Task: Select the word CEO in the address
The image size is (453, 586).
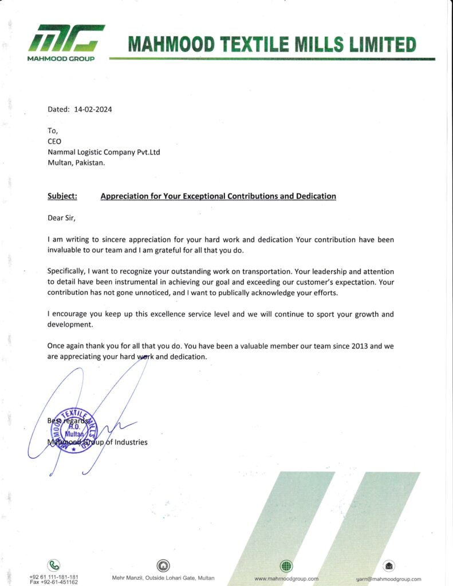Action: (x=54, y=141)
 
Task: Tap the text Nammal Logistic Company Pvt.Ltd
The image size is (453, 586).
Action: (x=104, y=152)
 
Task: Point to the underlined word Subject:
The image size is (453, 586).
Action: (x=62, y=196)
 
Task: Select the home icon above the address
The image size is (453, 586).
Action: (x=163, y=565)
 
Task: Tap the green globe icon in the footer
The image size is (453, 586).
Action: (x=286, y=566)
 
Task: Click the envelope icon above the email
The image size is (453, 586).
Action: (x=389, y=566)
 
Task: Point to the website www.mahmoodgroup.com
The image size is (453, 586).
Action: (x=286, y=579)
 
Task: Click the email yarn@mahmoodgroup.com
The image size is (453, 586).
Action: (x=388, y=579)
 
